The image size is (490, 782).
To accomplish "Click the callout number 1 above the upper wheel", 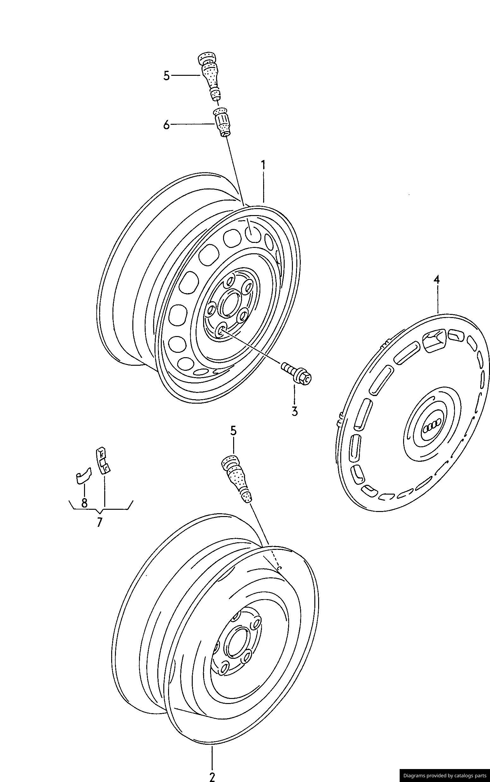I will pos(263,165).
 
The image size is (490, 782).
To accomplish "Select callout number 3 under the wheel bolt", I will pos(294,412).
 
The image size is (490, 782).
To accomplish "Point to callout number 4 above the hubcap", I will pos(437,279).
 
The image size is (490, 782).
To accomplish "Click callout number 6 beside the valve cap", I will pos(166,125).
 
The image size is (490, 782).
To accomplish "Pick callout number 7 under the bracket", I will pos(100,522).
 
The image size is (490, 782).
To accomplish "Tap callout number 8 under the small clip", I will pos(84,502).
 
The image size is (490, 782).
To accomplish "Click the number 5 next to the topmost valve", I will pos(166,76).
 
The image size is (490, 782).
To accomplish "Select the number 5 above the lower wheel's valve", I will pos(233,431).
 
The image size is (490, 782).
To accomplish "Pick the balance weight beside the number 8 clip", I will pos(103,461).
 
